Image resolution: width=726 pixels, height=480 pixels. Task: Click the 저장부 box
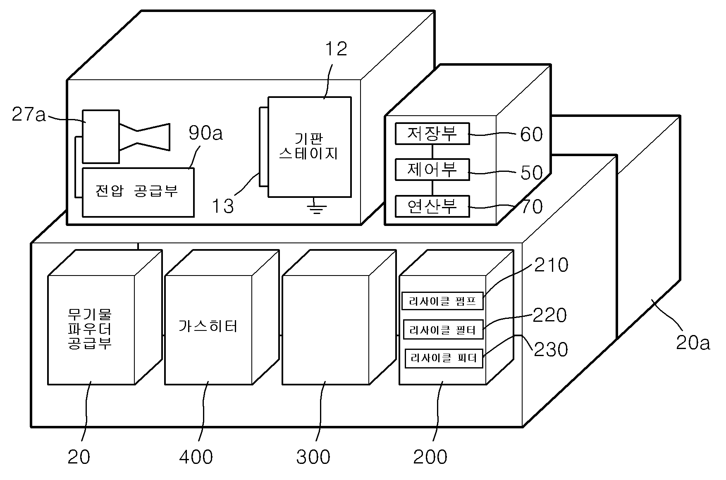(432, 133)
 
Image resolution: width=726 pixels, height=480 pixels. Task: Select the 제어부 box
(432, 169)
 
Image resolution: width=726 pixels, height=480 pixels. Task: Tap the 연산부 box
(432, 206)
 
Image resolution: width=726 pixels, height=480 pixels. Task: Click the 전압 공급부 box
(138, 192)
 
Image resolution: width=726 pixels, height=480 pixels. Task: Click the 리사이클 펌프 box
(442, 300)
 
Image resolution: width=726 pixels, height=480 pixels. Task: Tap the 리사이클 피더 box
(444, 358)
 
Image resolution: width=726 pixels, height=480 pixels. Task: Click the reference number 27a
(29, 114)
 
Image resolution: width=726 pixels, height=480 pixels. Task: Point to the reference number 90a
(205, 133)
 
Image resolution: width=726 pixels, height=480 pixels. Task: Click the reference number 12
(336, 49)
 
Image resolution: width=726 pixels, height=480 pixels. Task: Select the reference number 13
(223, 206)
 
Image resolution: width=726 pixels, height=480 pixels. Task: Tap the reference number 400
(196, 457)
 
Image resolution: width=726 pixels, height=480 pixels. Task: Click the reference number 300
(313, 457)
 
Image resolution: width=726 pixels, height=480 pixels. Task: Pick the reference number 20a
(693, 343)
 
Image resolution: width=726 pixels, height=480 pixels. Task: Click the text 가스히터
(208, 326)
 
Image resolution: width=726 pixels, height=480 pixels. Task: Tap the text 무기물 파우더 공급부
(89, 329)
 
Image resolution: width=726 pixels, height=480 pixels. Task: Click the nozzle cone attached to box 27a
(145, 136)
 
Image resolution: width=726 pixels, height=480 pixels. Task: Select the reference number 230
(551, 349)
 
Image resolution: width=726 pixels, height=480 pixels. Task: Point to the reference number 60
(531, 134)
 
